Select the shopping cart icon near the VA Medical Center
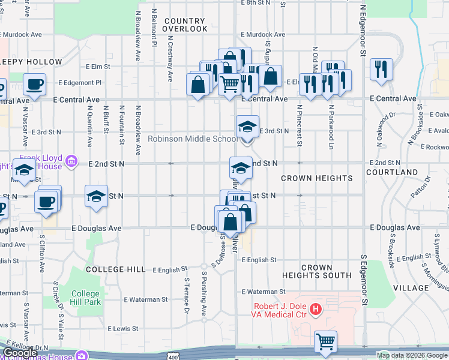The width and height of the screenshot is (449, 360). pos(325,341)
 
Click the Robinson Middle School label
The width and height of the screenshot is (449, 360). pos(193,139)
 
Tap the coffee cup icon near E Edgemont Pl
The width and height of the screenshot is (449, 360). pos(34,84)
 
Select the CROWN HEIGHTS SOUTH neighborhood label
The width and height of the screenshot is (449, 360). pos(317,271)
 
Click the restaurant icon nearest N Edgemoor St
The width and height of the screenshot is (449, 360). pos(381,69)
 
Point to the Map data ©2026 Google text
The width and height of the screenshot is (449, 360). pos(412,355)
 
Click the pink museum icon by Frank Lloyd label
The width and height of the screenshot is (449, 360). pos(71,161)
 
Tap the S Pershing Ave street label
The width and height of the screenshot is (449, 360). pos(204,295)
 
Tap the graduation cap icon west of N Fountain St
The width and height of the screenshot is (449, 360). pos(96,196)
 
